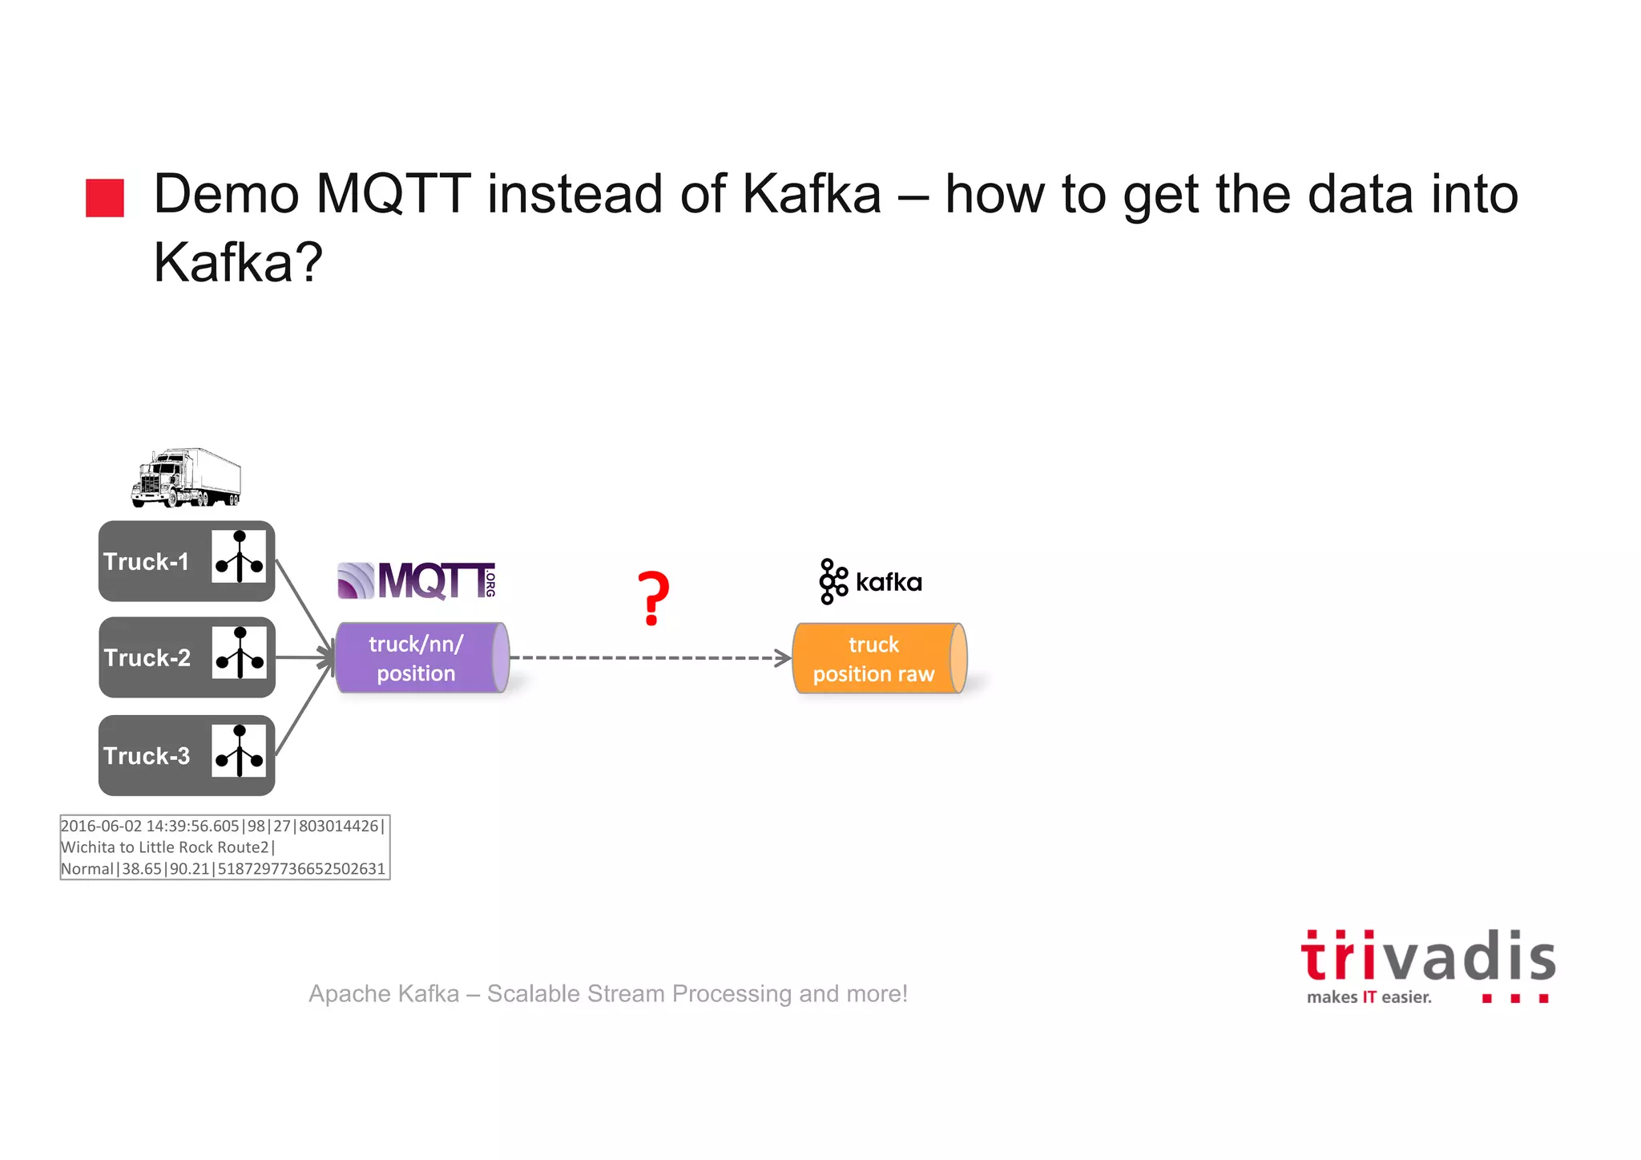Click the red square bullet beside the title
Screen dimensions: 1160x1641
coord(105,198)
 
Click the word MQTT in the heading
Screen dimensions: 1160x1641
coord(393,194)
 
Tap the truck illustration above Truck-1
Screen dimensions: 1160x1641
coord(186,478)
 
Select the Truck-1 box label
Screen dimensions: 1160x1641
coord(146,562)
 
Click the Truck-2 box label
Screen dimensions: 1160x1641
coord(147,658)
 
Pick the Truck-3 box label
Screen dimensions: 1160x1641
coord(147,756)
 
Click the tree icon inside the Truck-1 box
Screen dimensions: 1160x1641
coord(239,557)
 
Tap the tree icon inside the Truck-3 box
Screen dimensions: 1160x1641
coord(239,751)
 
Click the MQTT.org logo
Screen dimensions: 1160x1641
coord(417,581)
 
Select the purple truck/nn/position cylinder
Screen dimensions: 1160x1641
coord(421,658)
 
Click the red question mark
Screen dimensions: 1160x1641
coord(653,599)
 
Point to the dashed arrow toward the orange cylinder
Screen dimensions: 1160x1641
coord(649,658)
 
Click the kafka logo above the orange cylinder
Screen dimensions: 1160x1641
coord(871,581)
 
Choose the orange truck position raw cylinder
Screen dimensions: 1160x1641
coord(878,659)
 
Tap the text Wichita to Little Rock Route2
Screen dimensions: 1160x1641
coord(165,847)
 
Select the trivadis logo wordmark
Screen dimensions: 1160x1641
coord(1428,957)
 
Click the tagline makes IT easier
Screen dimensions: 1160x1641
coord(1369,997)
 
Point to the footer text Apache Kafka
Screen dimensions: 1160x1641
coord(384,994)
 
